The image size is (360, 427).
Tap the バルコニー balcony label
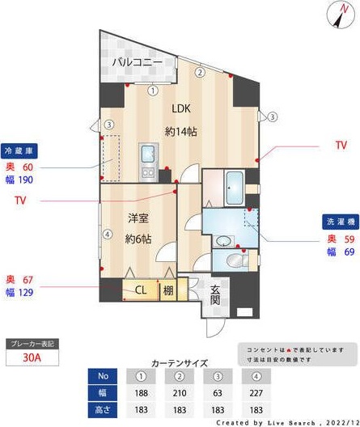[x=137, y=61]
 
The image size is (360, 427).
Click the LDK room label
[x=181, y=110]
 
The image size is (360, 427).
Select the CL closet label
[x=140, y=290]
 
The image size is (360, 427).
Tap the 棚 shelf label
[x=167, y=290]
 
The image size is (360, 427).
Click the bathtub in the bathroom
[x=234, y=188]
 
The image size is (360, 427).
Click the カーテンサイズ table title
[x=180, y=364]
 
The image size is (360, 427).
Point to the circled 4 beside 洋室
[x=107, y=235]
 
